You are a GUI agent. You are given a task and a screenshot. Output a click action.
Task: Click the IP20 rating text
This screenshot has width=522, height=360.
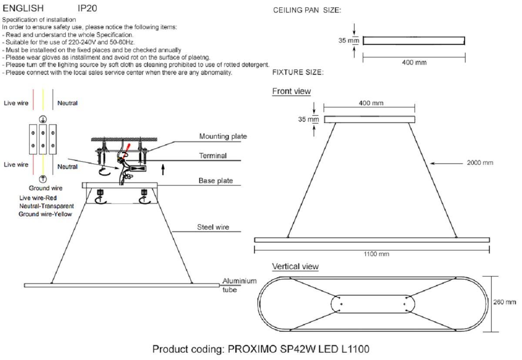tap(87, 8)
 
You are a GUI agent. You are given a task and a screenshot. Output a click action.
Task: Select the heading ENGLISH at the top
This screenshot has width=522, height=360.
tap(23, 8)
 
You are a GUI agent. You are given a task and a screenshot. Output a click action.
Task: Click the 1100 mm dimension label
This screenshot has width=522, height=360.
tap(376, 254)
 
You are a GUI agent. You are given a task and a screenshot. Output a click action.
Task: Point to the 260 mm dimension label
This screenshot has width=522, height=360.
tap(505, 302)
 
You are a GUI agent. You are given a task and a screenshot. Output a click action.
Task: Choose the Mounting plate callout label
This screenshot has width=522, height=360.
tap(223, 137)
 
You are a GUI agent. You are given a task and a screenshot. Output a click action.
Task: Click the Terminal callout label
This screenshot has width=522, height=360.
tap(213, 156)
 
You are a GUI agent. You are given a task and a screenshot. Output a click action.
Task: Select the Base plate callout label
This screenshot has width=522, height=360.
tap(216, 180)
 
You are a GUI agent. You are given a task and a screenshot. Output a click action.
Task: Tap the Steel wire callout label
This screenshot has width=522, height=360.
tap(213, 227)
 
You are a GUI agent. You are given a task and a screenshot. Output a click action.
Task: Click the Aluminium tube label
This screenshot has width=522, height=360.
tap(239, 285)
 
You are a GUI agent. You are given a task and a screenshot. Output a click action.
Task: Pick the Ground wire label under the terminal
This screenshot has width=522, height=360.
tap(46, 188)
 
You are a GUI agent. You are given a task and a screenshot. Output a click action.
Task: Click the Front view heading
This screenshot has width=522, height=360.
tap(291, 91)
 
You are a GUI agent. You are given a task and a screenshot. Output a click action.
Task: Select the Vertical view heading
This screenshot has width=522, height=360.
tap(295, 267)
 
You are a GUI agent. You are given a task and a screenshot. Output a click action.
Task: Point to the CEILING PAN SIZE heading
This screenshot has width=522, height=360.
tap(307, 10)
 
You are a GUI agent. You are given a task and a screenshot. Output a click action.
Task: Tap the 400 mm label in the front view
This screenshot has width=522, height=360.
tap(371, 103)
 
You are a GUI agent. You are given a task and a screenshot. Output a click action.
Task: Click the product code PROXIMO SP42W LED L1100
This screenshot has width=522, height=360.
tap(261, 349)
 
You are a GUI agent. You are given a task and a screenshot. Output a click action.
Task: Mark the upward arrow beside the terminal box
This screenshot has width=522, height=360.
tap(163, 169)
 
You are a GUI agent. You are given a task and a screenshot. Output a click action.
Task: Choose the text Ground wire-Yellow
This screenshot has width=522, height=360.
tap(45, 214)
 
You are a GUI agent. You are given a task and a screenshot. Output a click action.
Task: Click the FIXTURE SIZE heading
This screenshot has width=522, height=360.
tap(298, 73)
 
